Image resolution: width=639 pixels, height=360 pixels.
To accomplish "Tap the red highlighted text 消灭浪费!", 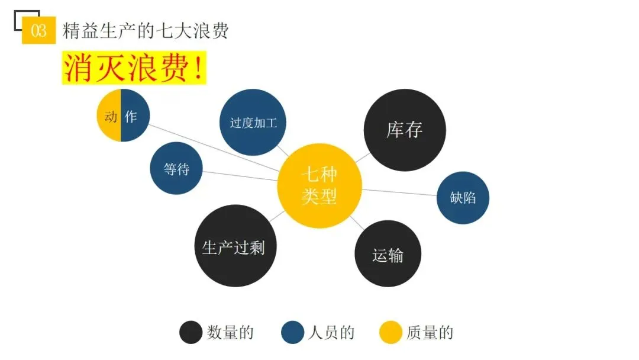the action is tap(134, 69).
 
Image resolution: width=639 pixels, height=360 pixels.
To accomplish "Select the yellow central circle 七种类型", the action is tap(319, 186).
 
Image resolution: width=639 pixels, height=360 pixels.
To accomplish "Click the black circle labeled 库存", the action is tap(405, 130).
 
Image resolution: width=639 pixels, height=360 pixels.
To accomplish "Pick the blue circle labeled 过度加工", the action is tap(253, 123).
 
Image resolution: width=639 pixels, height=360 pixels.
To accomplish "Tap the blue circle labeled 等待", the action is tap(176, 169).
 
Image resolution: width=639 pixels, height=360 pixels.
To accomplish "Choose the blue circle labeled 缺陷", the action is tap(463, 198).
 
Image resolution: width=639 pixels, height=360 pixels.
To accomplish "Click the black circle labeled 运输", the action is tap(388, 254).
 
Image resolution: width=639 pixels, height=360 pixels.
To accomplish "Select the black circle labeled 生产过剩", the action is tap(233, 246).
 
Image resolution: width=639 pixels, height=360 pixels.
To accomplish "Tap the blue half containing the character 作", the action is tap(134, 116).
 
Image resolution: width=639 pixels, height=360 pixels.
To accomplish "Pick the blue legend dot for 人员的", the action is tap(293, 332).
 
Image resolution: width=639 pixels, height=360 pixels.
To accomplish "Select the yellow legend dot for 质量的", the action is tap(390, 332).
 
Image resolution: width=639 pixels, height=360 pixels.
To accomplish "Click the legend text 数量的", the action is tap(230, 333).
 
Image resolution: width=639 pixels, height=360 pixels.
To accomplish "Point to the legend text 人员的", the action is tap(331, 333).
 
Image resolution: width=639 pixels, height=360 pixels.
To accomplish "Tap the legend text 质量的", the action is tap(430, 333).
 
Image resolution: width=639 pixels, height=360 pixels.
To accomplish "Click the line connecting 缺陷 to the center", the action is tap(399, 192).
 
